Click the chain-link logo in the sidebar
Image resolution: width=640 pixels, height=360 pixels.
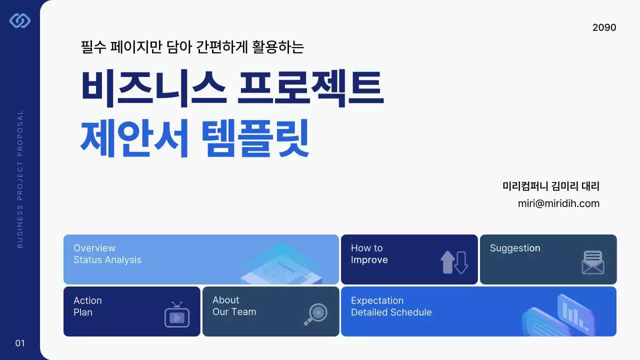20,20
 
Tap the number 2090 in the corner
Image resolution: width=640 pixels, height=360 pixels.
604,27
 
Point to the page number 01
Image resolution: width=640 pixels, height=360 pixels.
20,343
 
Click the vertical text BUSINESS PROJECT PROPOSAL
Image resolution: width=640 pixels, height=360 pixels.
20,179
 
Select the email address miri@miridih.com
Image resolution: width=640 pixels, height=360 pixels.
558,203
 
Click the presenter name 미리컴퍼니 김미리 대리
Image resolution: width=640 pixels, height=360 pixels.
550,186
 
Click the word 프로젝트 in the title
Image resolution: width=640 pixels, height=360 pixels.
310,88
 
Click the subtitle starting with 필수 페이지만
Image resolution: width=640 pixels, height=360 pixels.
192,47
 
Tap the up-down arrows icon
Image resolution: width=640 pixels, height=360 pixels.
454,262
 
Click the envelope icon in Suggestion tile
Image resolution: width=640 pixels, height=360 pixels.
593,262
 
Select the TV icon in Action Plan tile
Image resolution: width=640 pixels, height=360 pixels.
177,315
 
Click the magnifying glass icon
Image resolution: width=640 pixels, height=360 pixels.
315,314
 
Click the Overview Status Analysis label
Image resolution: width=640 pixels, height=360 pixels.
107,254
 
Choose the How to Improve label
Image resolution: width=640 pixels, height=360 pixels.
369,254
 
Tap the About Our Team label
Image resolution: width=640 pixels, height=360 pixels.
234,306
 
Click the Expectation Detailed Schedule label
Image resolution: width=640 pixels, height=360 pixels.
391,306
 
